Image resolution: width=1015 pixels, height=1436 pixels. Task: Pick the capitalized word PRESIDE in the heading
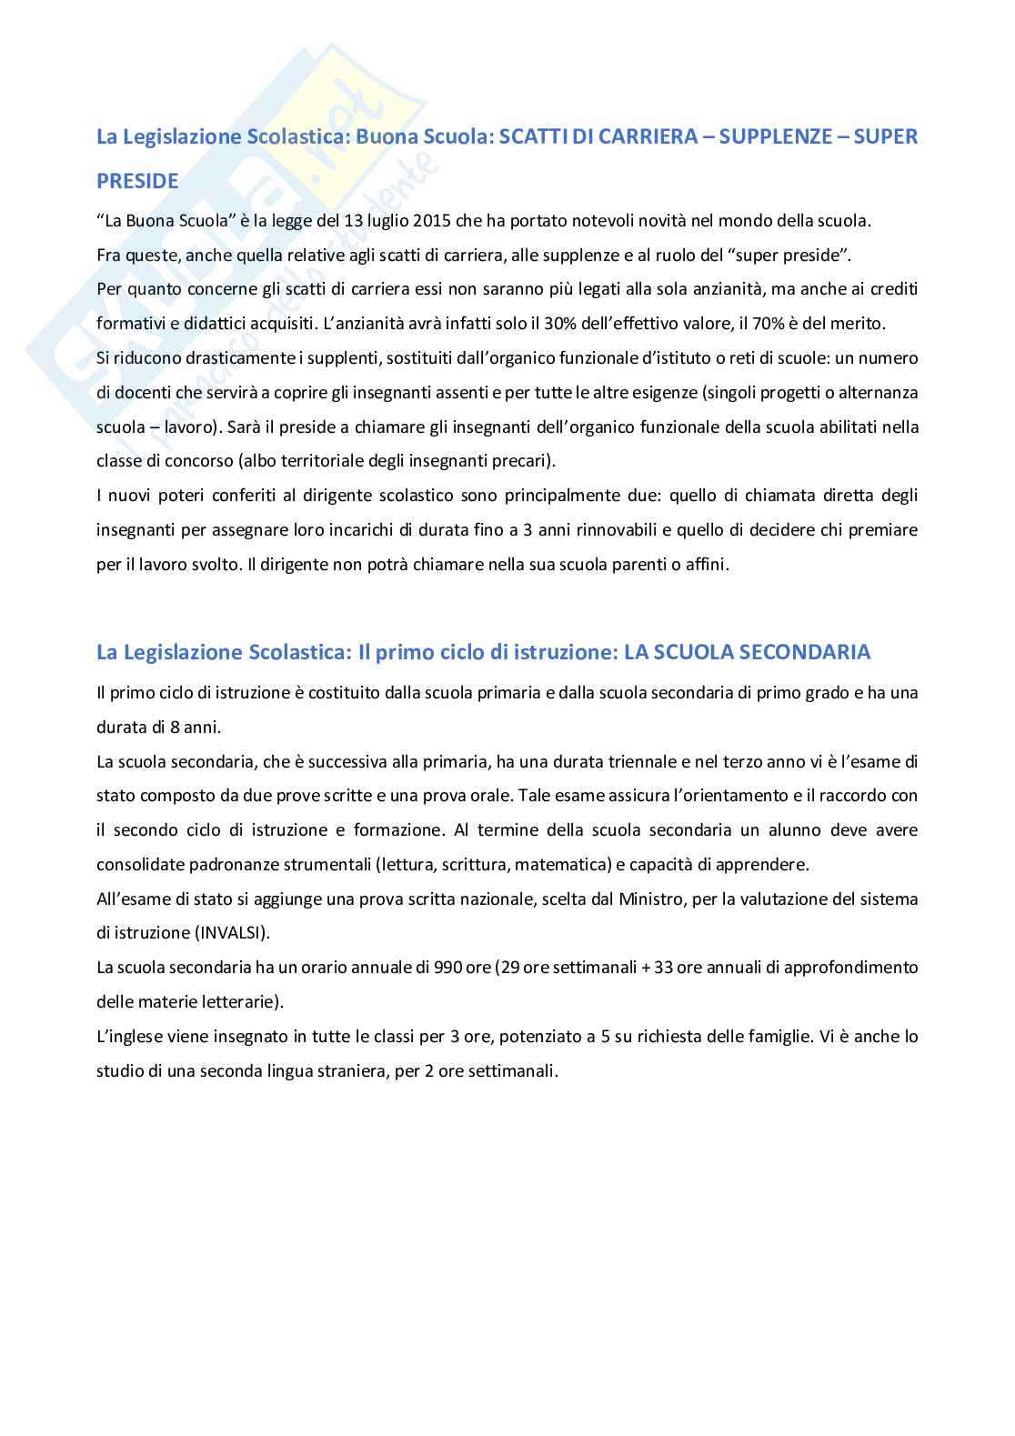click(137, 181)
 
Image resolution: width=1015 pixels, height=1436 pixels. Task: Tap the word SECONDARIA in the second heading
click(802, 652)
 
